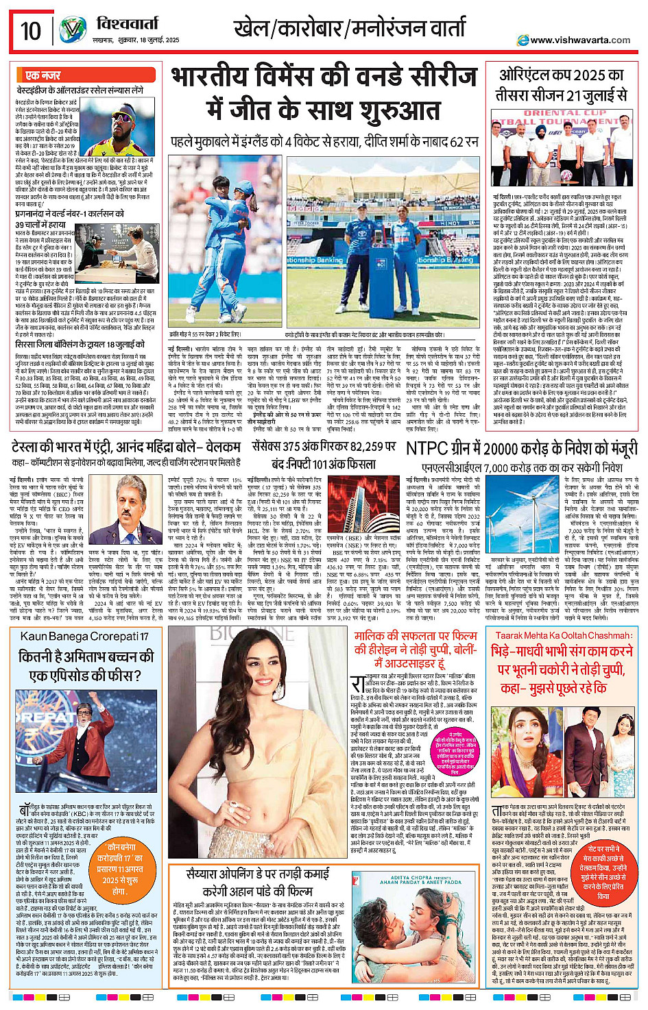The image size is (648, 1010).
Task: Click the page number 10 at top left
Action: (31, 31)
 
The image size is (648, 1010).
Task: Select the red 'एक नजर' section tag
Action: (43, 75)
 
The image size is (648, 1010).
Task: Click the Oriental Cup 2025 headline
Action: (562, 85)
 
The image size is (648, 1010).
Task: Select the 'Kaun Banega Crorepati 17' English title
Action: (84, 637)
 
